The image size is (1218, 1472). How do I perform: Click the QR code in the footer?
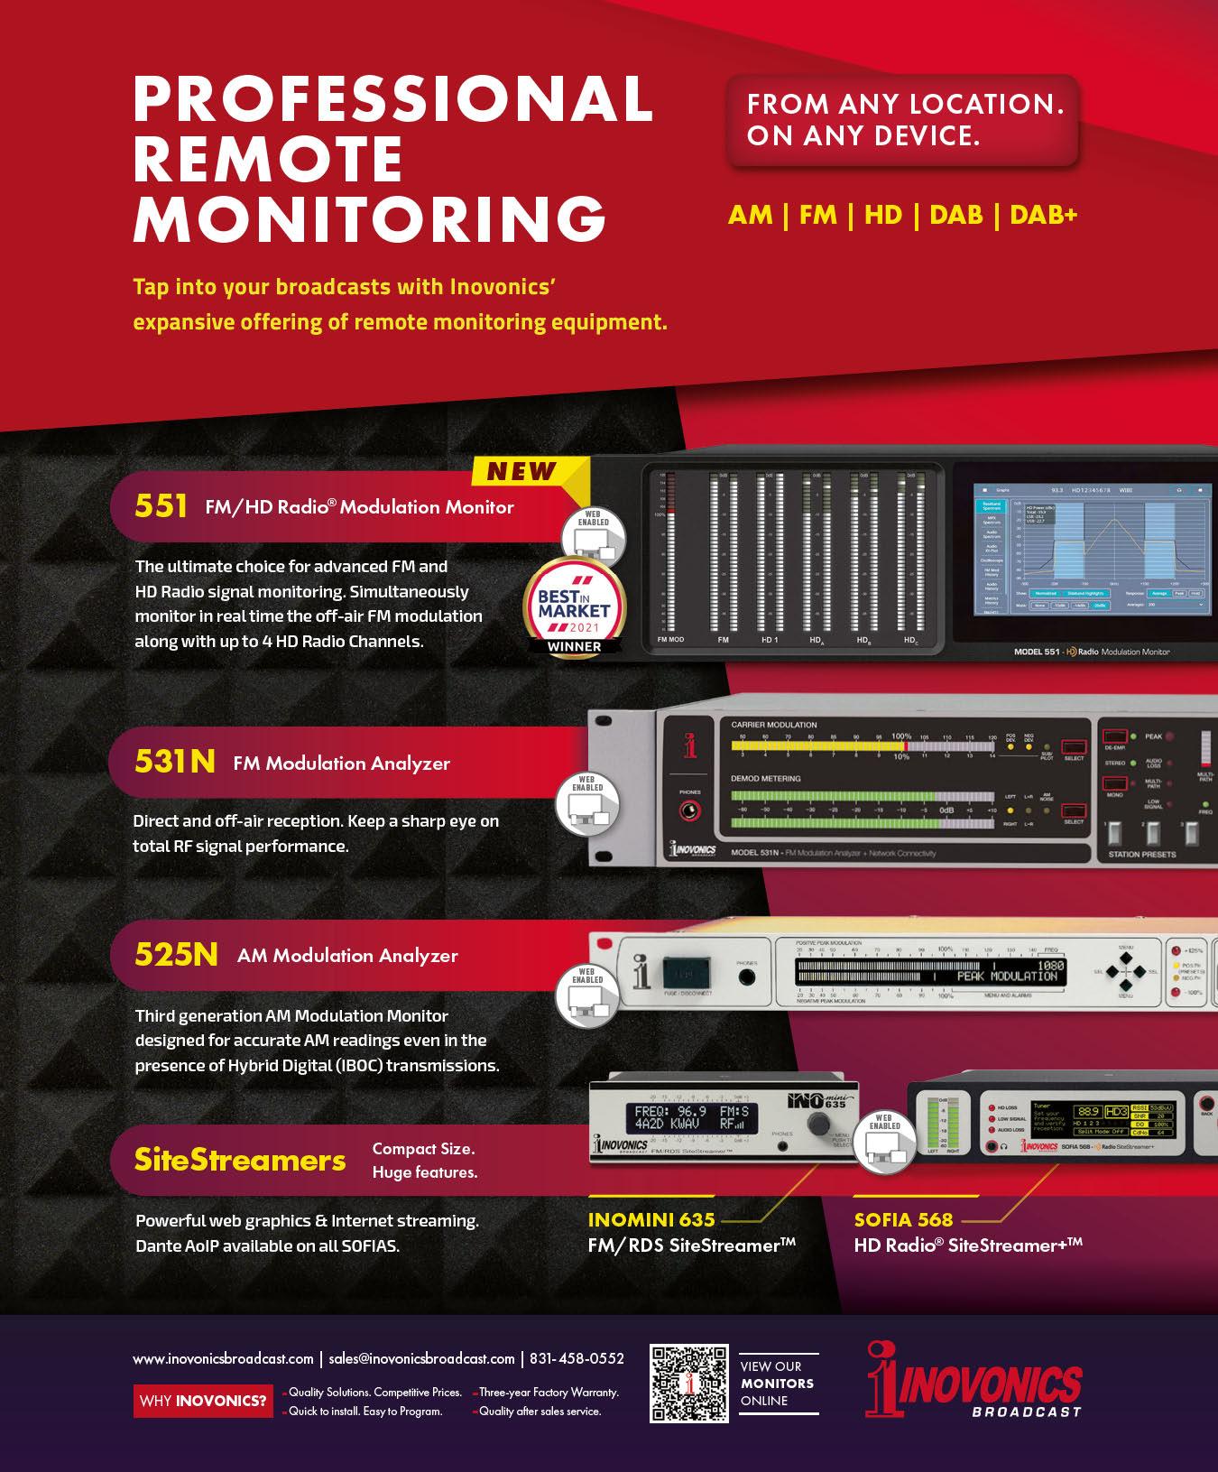coord(689,1384)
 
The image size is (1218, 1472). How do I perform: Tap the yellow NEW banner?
coord(521,471)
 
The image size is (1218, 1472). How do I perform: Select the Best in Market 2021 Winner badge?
coord(574,606)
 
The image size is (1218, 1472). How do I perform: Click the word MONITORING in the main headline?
coord(369,217)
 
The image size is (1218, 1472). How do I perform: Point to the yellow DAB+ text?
coord(1043,215)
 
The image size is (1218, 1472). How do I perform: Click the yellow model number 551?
coord(161,506)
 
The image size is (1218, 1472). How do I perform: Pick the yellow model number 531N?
coord(175,763)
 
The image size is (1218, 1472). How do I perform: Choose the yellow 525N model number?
coord(177,955)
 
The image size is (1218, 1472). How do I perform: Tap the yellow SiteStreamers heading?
coord(240,1160)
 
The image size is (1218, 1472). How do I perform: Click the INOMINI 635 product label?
coord(651,1220)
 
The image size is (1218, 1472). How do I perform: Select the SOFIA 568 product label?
coord(903,1220)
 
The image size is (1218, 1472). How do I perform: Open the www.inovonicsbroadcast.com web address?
coord(223,1358)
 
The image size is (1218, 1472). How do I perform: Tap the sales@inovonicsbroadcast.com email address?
coord(422,1358)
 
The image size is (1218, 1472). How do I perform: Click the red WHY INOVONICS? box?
coord(203,1401)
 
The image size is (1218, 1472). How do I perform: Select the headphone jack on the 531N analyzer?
coord(690,810)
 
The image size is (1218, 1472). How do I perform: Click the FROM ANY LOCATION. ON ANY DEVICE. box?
coord(905,120)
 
